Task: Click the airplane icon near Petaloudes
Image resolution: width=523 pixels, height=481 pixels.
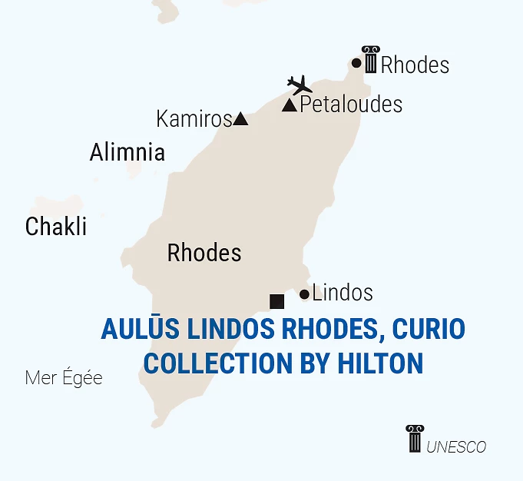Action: coord(300,84)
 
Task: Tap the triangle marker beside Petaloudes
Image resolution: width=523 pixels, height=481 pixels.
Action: coord(290,105)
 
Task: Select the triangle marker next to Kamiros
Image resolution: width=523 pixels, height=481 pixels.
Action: coord(240,118)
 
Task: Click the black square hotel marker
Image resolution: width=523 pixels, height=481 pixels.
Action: coord(277,301)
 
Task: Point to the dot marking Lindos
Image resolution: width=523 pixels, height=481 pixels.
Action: coord(304,294)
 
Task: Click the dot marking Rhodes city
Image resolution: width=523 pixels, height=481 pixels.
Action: coord(356,63)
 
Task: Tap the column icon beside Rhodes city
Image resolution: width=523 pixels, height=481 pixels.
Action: coord(371,59)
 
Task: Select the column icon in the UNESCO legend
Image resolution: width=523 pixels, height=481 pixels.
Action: coord(415,438)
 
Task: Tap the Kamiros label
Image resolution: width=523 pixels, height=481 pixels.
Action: coord(194,119)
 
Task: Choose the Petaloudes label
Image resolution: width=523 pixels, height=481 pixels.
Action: coord(351,104)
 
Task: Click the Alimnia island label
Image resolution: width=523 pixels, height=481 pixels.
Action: coord(127,152)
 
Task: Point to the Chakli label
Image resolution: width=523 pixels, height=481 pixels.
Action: coord(55,227)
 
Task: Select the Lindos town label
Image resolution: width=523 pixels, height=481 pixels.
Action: coord(343,293)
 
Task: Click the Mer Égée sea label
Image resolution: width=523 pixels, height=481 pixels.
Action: coord(64,378)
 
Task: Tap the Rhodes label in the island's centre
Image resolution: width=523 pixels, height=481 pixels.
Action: coord(204,253)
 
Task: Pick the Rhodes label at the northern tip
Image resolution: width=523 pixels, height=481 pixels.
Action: coord(415,65)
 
